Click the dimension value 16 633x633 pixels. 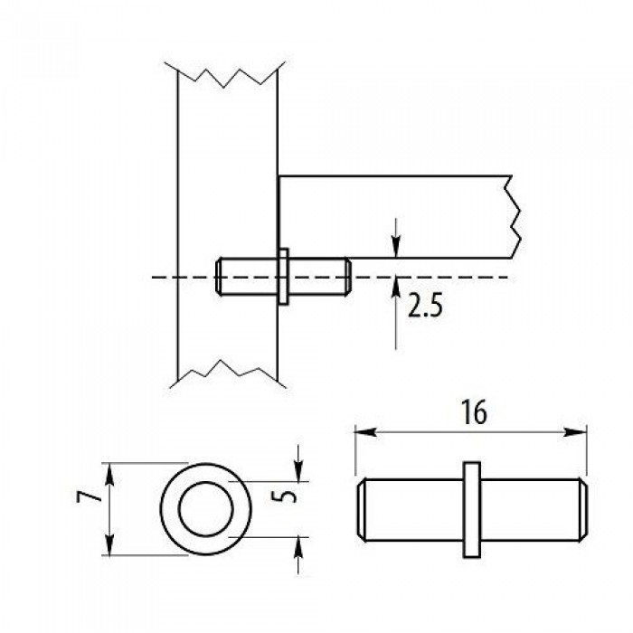pyautogui.click(x=474, y=412)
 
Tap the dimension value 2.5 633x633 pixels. pyautogui.click(x=425, y=305)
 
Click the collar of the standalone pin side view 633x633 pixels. pyautogui.click(x=471, y=509)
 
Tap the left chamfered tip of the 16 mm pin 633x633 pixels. pyautogui.click(x=362, y=509)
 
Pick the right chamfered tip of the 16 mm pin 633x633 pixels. pyautogui.click(x=583, y=509)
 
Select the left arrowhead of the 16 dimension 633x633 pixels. pyautogui.click(x=365, y=432)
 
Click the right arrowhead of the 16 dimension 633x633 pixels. pyautogui.click(x=575, y=432)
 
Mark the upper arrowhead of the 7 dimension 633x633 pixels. pyautogui.click(x=109, y=474)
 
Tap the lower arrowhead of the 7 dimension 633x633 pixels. pyautogui.click(x=109, y=544)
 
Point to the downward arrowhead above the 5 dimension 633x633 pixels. pyautogui.click(x=298, y=471)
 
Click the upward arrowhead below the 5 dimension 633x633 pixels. pyautogui.click(x=298, y=548)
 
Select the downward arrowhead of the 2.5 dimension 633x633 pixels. pyautogui.click(x=396, y=246)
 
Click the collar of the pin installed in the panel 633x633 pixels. pyautogui.click(x=283, y=277)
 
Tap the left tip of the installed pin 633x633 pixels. pyautogui.click(x=219, y=277)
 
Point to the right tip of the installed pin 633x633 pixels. pyautogui.click(x=348, y=277)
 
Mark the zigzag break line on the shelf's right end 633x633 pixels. pyautogui.click(x=514, y=216)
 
